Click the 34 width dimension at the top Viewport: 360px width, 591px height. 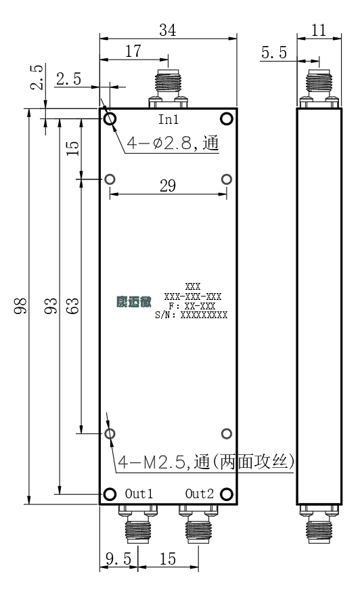(168, 30)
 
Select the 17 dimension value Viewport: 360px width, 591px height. (133, 51)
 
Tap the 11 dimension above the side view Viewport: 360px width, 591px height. (319, 30)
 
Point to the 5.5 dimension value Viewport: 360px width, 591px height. (274, 52)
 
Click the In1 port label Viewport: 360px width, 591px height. (168, 119)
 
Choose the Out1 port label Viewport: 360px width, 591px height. (139, 494)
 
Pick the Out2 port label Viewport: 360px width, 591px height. (200, 494)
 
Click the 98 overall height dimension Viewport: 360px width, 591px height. (20, 305)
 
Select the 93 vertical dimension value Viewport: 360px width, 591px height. (51, 305)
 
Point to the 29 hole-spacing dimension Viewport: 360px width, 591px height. (168, 185)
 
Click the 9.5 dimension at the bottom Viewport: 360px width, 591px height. (118, 559)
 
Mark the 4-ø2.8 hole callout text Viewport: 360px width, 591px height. (173, 144)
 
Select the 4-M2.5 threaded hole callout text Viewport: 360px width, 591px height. (206, 461)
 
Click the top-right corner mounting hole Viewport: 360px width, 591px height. (226, 119)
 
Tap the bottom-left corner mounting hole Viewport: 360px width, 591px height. (110, 494)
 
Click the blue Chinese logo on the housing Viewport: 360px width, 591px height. (134, 301)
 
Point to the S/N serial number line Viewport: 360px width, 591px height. (192, 315)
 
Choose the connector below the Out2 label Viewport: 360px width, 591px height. (198, 524)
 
